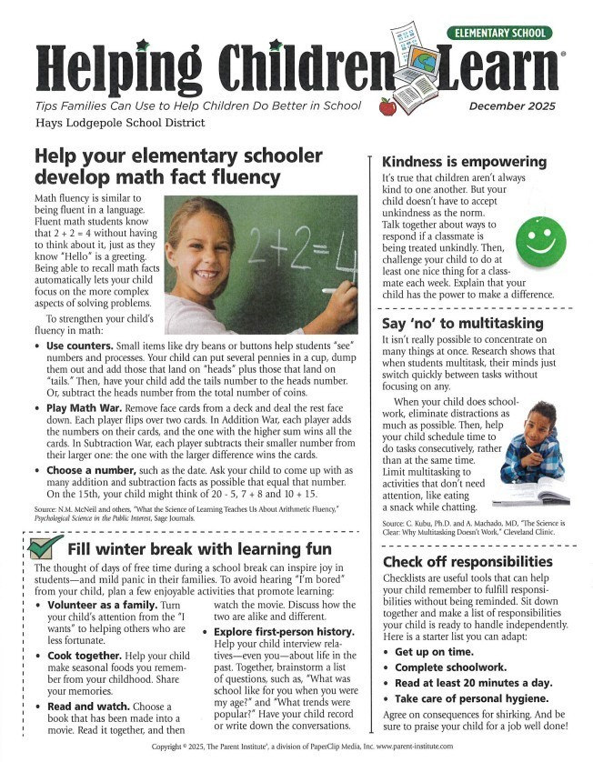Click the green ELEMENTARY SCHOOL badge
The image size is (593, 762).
(x=498, y=33)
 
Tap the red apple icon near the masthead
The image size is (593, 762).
(x=387, y=106)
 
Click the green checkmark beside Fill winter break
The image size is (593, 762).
(x=45, y=547)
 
